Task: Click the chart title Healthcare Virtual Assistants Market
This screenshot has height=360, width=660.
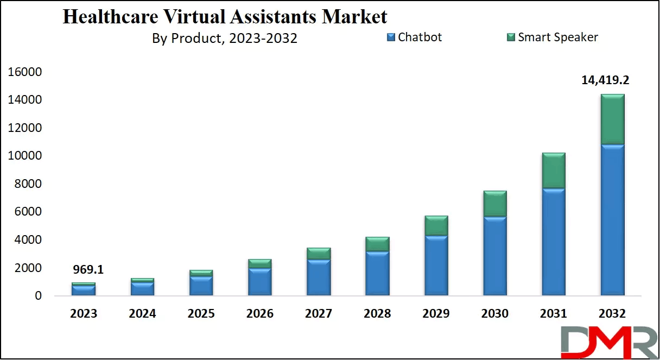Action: [x=225, y=17]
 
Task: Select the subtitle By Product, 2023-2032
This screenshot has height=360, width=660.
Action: [x=225, y=39]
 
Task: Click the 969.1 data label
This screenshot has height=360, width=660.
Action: [x=88, y=269]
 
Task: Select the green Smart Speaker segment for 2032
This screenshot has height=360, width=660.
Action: [x=612, y=119]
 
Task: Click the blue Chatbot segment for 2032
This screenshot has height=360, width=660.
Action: [x=612, y=220]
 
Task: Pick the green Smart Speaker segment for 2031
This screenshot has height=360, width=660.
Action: [x=554, y=170]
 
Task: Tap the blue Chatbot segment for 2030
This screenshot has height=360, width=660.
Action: [x=495, y=256]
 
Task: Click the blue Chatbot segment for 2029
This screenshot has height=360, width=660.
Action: [x=436, y=266]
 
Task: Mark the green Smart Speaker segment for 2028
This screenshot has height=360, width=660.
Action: [x=377, y=244]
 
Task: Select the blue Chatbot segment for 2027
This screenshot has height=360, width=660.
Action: [x=319, y=277]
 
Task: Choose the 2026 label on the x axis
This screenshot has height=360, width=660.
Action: [x=259, y=314]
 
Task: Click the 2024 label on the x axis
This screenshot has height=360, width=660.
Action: [x=142, y=314]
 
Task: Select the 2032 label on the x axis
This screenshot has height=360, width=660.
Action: [x=612, y=314]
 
